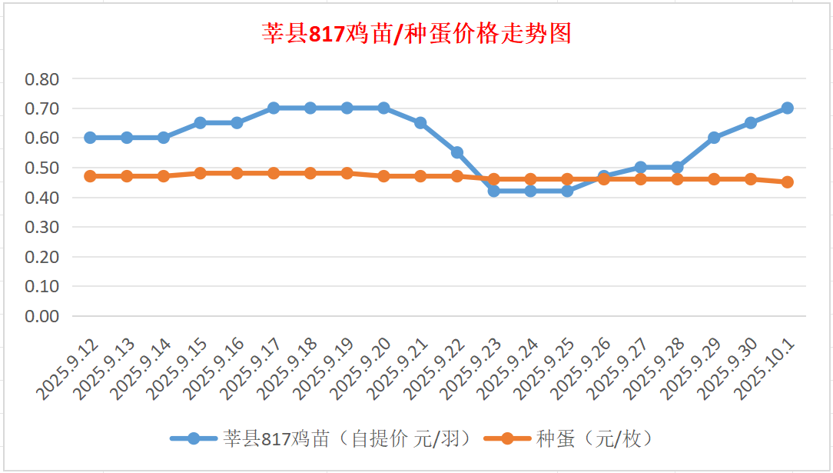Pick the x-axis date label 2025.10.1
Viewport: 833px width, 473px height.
tap(765, 371)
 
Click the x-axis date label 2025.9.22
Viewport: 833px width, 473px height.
tap(435, 371)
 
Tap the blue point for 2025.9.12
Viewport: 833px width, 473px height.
tap(90, 138)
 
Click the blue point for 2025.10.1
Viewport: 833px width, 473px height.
tap(788, 108)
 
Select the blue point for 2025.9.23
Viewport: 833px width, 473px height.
tap(494, 191)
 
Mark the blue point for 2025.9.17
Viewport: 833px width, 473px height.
tap(274, 108)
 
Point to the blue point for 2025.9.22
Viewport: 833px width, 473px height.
tap(457, 152)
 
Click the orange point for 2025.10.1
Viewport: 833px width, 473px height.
tap(788, 182)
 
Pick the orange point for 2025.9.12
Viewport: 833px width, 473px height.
tap(90, 176)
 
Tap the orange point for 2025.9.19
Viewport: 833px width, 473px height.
tap(347, 173)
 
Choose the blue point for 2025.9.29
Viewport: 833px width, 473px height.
tap(714, 138)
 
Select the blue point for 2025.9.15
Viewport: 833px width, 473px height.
tap(200, 123)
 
